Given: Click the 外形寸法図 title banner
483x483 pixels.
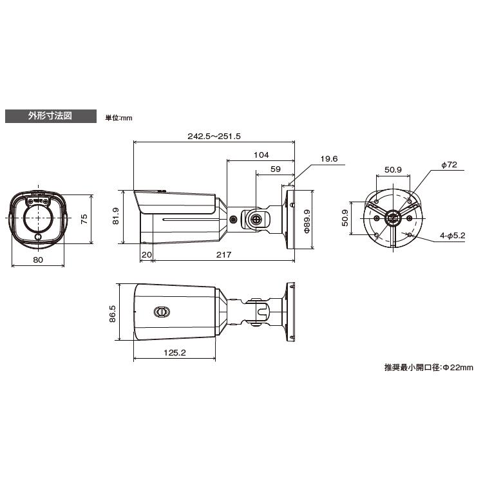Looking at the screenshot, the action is pos(51,116).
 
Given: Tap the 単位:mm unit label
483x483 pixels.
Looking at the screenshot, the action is pos(119,118).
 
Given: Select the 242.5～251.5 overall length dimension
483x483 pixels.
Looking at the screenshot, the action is pos(214,136).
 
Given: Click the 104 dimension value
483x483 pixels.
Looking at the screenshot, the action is pos(261,155).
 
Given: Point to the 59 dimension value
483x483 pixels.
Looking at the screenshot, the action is pos(276,169).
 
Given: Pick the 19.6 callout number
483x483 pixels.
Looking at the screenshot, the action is pos(329,158).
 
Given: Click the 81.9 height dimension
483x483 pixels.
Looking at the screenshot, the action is pos(115,216).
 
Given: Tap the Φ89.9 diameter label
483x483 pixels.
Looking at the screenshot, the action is pos(307,221).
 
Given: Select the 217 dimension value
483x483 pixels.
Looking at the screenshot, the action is pos(223,255).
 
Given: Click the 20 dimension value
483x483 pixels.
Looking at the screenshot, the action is pos(147,255).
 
